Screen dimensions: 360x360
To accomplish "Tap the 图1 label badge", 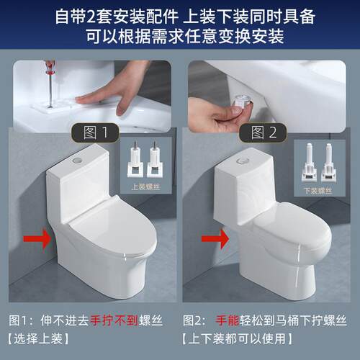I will click(x=96, y=132).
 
